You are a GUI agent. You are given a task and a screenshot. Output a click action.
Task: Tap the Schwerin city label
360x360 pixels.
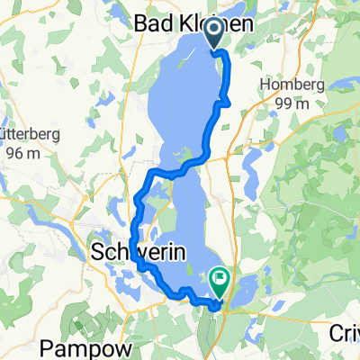[x=139, y=255]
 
